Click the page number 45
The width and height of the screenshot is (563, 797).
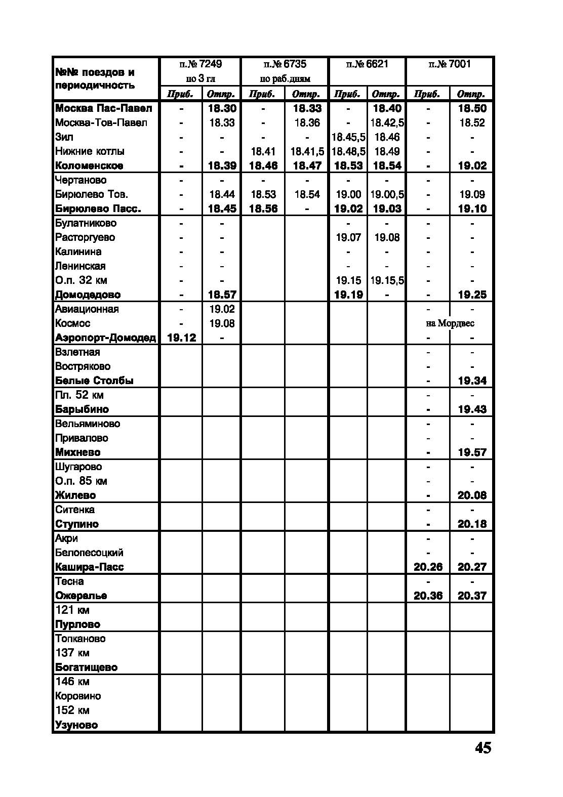482,747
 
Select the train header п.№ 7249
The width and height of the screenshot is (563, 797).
200,64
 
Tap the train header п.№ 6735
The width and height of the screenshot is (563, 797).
285,64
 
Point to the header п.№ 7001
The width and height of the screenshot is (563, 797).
449,64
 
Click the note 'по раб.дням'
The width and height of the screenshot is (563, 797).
285,79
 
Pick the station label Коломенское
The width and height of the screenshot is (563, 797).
89,165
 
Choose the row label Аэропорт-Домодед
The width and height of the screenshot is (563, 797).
105,338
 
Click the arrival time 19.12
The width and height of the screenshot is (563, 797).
181,338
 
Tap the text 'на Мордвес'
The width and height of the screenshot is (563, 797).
450,323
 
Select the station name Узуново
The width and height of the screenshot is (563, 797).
76,725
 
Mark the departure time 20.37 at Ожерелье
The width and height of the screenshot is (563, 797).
472,596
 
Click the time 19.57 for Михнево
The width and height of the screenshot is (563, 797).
472,452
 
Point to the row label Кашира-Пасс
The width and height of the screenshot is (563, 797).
89,567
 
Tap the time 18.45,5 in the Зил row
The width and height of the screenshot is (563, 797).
348,137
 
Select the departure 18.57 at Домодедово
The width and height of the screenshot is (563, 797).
222,295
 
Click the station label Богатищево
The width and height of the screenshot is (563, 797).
86,667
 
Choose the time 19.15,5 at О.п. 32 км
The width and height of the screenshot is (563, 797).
387,280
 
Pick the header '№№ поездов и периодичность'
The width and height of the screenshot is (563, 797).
95,78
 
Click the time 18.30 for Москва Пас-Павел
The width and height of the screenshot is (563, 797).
222,108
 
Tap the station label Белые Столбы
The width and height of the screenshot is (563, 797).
94,381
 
